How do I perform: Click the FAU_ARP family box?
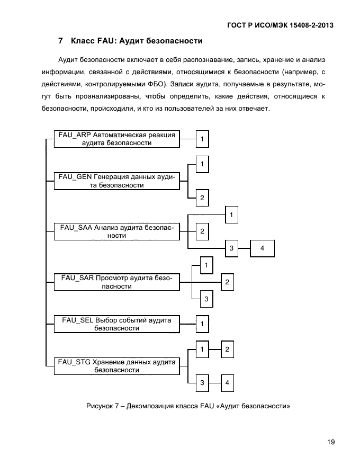pyautogui.click(x=116, y=139)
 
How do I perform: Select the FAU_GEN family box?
pyautogui.click(x=116, y=181)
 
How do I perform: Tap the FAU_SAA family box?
pyautogui.click(x=116, y=231)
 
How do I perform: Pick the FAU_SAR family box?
pyautogui.click(x=116, y=282)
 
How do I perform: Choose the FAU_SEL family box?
pyautogui.click(x=116, y=324)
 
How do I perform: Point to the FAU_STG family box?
pyautogui.click(x=116, y=366)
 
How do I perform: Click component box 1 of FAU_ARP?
pyautogui.click(x=202, y=139)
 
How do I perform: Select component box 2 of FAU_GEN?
pyautogui.click(x=202, y=198)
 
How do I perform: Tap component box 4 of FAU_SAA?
pyautogui.click(x=262, y=248)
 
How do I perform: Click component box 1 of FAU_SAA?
pyautogui.click(x=231, y=214)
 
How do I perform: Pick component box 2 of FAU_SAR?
pyautogui.click(x=227, y=282)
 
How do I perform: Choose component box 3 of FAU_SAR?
pyautogui.click(x=206, y=299)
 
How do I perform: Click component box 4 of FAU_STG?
pyautogui.click(x=227, y=382)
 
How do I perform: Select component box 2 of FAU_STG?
pyautogui.click(x=227, y=349)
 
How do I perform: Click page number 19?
pyautogui.click(x=331, y=442)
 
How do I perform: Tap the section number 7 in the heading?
pyautogui.click(x=60, y=41)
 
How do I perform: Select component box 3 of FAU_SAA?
pyautogui.click(x=231, y=248)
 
